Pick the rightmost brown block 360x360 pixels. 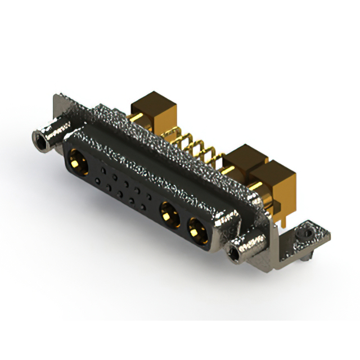click(x=274, y=177)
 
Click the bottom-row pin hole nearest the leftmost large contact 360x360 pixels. click(x=98, y=181)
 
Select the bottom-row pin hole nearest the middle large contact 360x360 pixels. click(x=143, y=207)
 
